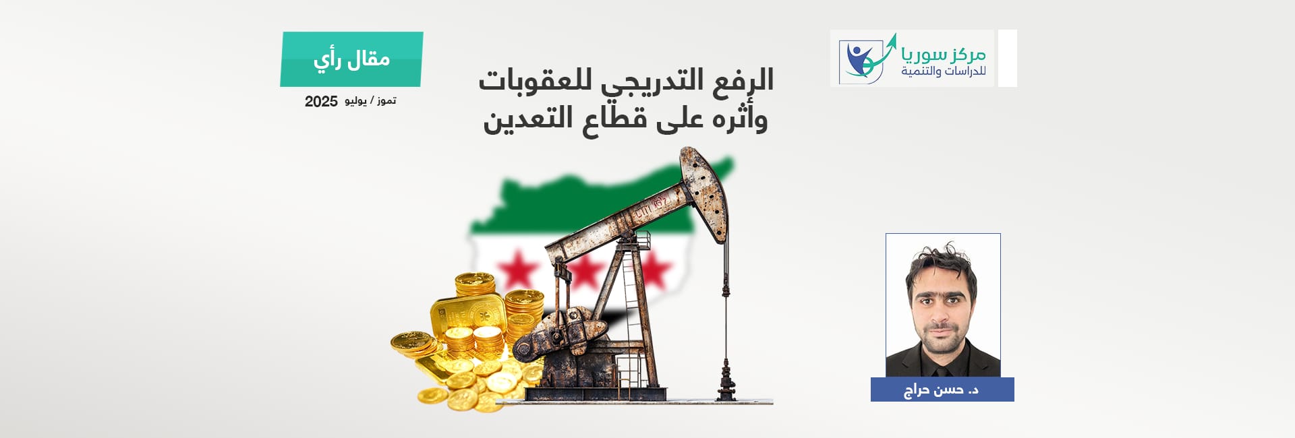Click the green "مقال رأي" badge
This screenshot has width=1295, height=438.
tap(351, 59)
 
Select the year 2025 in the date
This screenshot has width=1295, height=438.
tap(321, 102)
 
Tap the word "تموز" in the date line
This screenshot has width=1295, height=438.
tap(386, 100)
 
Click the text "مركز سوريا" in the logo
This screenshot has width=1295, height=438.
tap(944, 53)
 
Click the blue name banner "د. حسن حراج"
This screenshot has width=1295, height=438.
tap(942, 389)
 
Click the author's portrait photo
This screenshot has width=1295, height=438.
tap(943, 305)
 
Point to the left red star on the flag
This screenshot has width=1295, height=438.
tap(518, 270)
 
